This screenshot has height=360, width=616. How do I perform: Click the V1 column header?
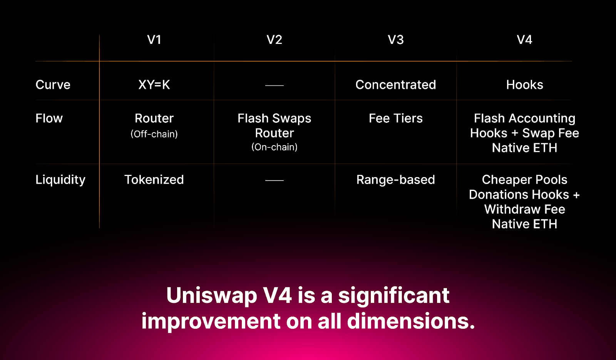154,40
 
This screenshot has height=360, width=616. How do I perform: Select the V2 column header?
274,40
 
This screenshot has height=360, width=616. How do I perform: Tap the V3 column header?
395,40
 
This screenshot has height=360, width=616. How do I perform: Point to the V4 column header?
524,40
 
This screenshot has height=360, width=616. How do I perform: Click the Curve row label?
53,85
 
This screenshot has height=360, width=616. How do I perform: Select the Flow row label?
49,118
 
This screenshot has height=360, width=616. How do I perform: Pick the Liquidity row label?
60,180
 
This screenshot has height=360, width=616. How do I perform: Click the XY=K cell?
154,85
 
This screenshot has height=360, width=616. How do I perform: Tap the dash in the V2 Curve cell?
274,85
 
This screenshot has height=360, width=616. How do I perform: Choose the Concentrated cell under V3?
395,85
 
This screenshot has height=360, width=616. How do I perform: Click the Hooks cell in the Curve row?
524,85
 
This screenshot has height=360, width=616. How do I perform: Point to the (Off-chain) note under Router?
154,134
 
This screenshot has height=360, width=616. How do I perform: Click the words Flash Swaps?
274,118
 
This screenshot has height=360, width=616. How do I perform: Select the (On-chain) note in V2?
274,147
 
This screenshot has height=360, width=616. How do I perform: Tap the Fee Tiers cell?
395,118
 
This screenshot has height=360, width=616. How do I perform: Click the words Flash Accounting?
524,118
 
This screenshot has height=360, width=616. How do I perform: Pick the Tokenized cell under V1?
154,180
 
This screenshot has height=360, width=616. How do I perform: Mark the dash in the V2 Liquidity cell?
274,180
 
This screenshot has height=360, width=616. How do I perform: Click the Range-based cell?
395,180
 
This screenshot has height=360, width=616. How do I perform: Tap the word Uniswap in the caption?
211,296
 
